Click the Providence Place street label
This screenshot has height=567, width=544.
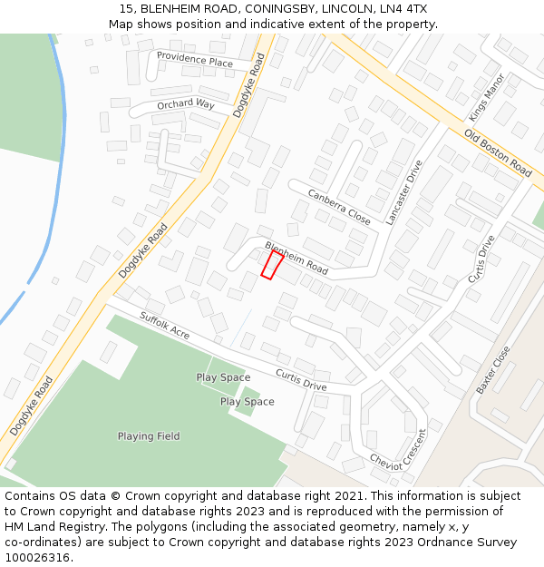pos(194,59)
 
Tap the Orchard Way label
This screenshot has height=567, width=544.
pos(185,104)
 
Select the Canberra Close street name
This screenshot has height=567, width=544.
pos(339,208)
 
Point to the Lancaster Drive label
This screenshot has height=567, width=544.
pos(404,192)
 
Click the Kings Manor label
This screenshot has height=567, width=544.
pos(486,99)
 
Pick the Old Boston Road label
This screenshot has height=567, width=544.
pos(497,152)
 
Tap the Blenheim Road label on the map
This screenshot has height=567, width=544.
pos(296,259)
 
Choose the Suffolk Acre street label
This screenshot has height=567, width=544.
pos(164,325)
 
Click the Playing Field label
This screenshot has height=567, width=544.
pos(149,436)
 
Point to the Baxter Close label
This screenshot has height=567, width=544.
pos(493,369)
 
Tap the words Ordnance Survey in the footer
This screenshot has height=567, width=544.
pos(470,543)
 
